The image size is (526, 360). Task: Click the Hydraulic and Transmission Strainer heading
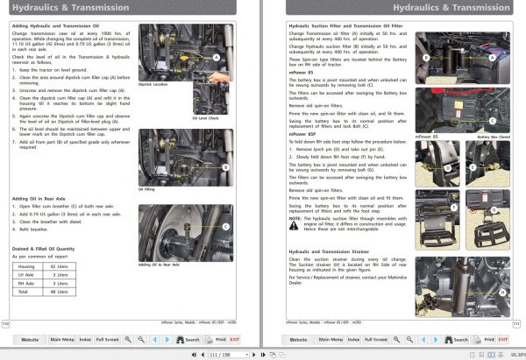338,251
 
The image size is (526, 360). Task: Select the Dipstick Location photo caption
153,84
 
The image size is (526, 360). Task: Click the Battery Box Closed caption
494,137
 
